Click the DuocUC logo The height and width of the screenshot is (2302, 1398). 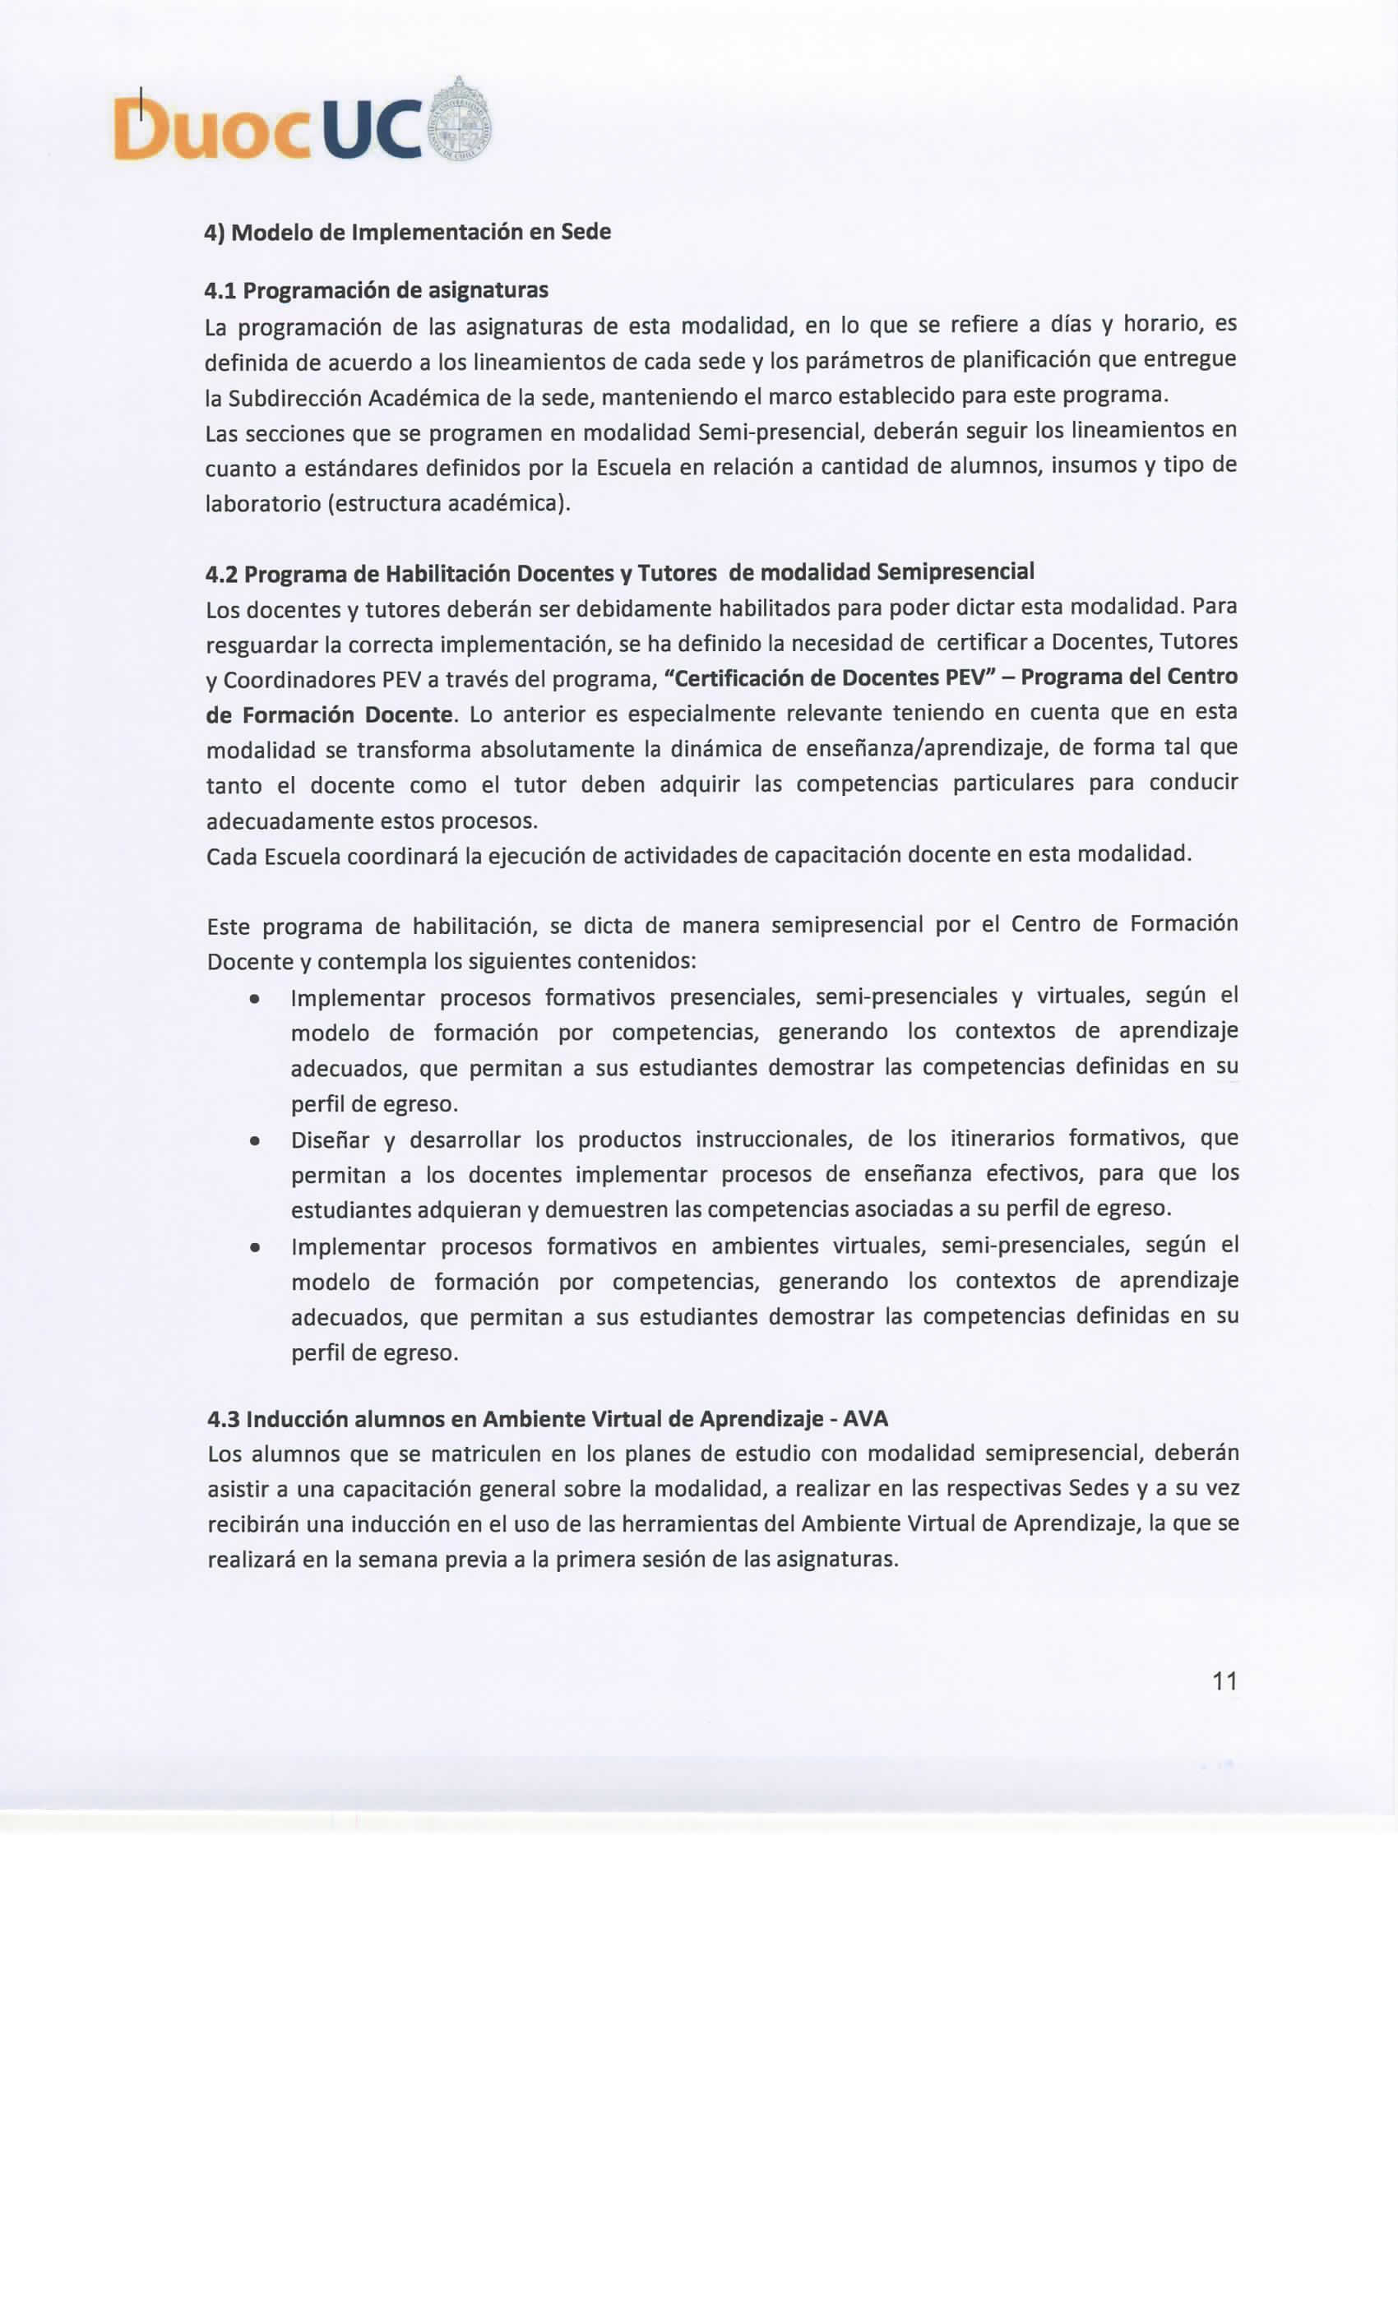(x=301, y=125)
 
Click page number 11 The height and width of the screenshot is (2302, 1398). (x=1224, y=1681)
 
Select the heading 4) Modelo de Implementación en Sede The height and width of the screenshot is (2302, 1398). (x=407, y=232)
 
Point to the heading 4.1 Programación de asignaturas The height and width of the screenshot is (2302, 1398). (x=376, y=290)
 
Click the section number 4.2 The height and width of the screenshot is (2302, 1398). (x=221, y=573)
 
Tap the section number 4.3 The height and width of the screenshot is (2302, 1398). (x=224, y=1419)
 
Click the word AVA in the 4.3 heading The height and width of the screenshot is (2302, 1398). (x=865, y=1419)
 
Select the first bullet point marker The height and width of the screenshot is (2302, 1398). (x=253, y=999)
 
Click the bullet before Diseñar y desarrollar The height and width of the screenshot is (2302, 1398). (x=253, y=1142)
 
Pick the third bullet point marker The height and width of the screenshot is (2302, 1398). (x=253, y=1248)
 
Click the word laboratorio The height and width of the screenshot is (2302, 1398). (x=261, y=505)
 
